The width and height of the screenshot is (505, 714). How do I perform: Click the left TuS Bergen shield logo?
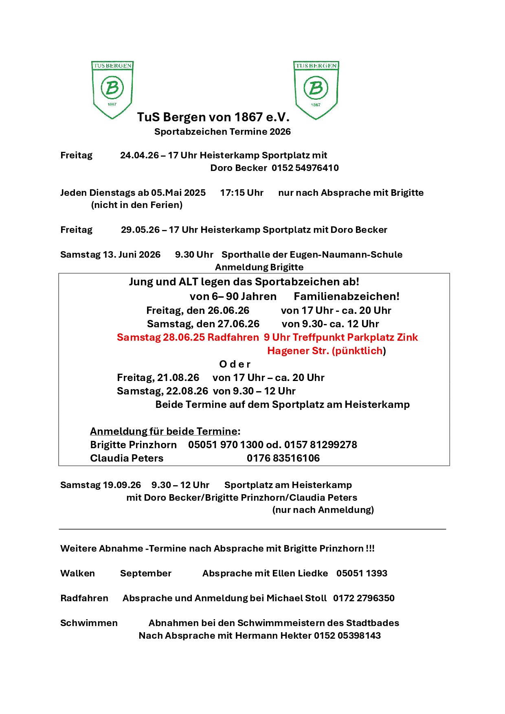click(112, 90)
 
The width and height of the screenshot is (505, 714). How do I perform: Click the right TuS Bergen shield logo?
click(316, 90)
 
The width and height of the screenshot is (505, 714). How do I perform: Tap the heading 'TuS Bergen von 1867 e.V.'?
click(213, 117)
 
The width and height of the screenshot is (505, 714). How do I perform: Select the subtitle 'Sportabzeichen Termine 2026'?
click(222, 132)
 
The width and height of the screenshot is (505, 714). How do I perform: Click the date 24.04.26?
click(139, 156)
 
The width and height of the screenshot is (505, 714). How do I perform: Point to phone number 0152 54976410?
click(305, 168)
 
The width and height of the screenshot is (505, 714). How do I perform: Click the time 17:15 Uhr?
click(242, 193)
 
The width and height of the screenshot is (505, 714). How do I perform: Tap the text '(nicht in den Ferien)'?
click(136, 205)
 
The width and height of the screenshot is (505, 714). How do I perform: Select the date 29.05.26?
click(140, 230)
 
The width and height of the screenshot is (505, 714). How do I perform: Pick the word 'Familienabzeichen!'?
click(347, 297)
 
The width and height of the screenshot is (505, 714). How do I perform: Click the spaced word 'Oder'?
click(235, 364)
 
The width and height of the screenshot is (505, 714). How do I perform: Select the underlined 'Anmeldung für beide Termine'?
click(164, 431)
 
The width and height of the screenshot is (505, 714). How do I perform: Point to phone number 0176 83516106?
click(283, 458)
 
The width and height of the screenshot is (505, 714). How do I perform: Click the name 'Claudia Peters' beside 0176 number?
click(127, 458)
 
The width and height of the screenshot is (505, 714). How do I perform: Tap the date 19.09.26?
click(122, 485)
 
